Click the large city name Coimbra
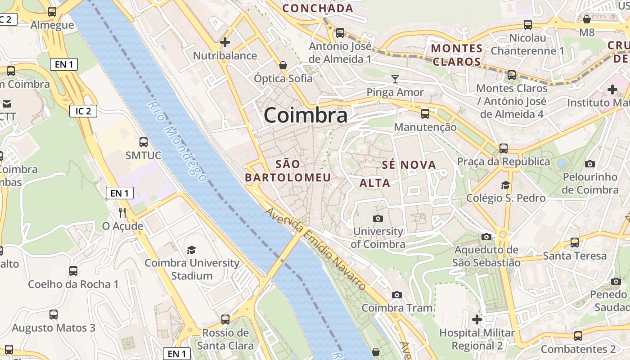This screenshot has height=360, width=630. tap(305, 116)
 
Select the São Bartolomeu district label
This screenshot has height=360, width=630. tap(288, 171)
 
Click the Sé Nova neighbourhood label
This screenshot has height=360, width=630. tap(409, 165)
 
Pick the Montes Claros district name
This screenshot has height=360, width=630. tap(457, 55)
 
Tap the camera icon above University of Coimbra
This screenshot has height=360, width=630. tap(378, 218)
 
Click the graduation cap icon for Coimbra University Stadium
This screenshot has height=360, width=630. tap(192, 249)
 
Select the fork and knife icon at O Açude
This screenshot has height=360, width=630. tap(122, 212)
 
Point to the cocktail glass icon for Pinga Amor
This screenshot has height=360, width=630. tap(395, 79)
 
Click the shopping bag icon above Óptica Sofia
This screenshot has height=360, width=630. tap(283, 65)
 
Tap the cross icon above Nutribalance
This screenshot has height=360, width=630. tap(225, 43)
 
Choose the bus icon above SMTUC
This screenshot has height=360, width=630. tap(144, 142)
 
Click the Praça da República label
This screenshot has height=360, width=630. tap(504, 162)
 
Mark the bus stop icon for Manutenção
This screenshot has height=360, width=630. tap(425, 114)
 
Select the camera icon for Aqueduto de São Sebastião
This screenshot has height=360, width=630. tap(486, 237)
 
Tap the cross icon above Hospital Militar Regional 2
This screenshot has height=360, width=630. tap(477, 320)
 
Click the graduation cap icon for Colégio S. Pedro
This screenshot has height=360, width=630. tap(506, 185)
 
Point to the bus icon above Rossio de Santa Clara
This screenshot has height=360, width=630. tap(225, 319)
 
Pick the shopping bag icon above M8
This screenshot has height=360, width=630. tap(587, 19)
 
